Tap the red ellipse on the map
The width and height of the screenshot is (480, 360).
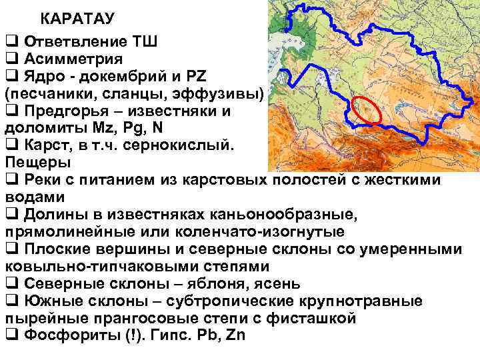(x=367, y=109)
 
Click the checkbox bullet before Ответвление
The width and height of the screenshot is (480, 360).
(x=10, y=41)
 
